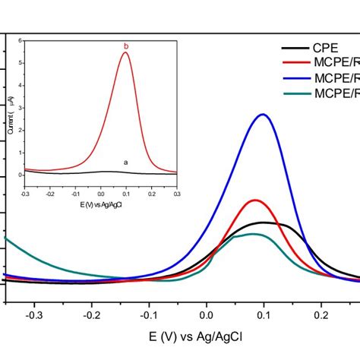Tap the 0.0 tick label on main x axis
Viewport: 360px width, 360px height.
point(206,311)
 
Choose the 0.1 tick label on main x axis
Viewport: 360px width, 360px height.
point(264,311)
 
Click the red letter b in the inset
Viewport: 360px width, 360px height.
point(126,47)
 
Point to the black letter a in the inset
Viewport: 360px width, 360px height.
point(125,162)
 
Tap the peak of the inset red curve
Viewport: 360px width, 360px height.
point(126,53)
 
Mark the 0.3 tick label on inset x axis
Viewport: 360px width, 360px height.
point(175,194)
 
